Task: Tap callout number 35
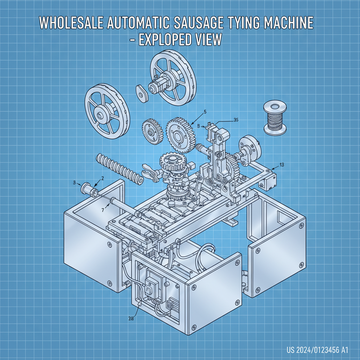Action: pos(236,120)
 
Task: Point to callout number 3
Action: pos(75,182)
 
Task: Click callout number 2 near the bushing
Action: pos(102,178)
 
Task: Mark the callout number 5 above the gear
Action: pos(205,112)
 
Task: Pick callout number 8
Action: pos(199,126)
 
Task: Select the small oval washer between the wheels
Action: pos(142,93)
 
